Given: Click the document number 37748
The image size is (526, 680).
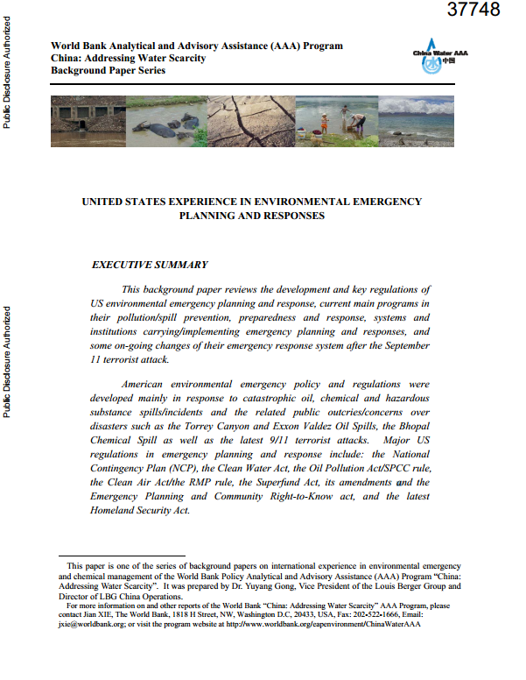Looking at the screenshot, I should coord(473,11).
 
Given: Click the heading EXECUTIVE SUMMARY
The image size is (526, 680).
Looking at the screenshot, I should coord(150,264).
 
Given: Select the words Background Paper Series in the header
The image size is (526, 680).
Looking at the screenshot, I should coord(108,70).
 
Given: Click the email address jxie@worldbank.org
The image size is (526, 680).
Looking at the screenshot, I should coord(87,626).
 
